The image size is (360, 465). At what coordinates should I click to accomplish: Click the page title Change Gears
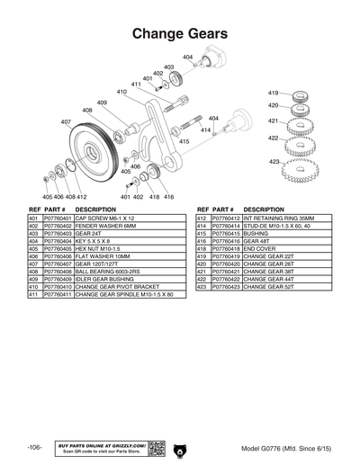179,34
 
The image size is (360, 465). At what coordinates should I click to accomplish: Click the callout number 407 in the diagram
67,121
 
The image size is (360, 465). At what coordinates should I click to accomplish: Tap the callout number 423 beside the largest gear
274,161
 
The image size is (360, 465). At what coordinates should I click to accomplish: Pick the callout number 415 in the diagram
184,141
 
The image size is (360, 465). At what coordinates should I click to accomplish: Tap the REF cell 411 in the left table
33,294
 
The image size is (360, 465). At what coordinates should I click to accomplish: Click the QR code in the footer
154,447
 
